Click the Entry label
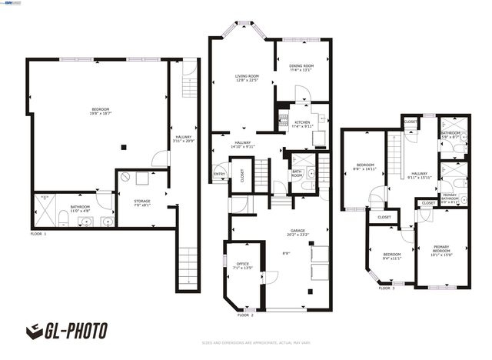[x=219, y=174]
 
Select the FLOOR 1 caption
[x=38, y=233]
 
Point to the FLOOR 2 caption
[x=245, y=315]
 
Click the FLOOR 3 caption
[x=387, y=288]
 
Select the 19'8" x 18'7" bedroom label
[x=96, y=114]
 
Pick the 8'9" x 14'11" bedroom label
[x=364, y=167]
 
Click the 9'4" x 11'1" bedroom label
[x=392, y=256]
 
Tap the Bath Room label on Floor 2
[x=297, y=175]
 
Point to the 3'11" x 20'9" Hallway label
[x=183, y=139]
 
